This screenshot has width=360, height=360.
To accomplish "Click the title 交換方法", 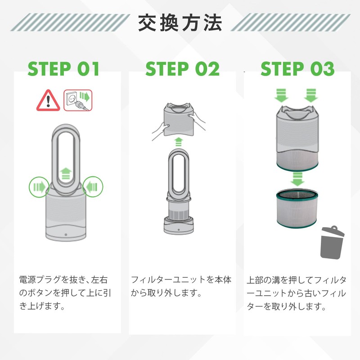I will coord(180,22).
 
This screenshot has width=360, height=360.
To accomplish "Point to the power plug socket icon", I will coord(77,100).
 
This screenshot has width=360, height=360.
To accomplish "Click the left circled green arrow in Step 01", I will coord(38,185).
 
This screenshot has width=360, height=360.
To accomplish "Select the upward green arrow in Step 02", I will coord(179,142).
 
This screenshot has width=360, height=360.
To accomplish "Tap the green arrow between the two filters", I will coord(296,178).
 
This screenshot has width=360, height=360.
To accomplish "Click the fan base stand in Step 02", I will coord(179,225).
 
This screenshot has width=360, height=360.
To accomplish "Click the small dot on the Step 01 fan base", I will coord(66,235).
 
